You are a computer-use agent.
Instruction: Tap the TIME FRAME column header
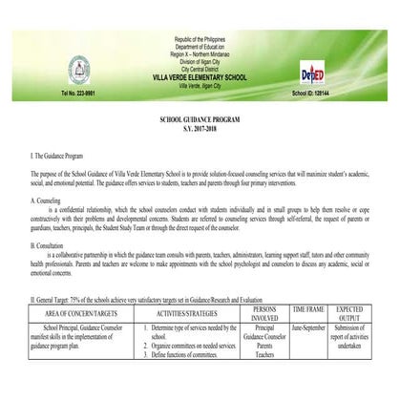tap(307, 309)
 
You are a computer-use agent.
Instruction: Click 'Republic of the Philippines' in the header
tap(200, 37)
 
